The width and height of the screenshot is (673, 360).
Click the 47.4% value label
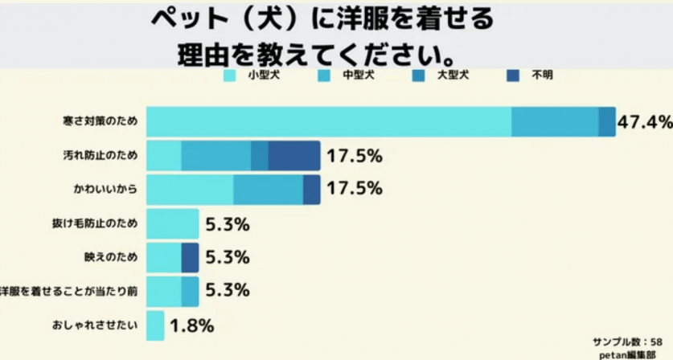(644, 122)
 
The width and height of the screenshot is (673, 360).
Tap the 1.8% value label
(191, 325)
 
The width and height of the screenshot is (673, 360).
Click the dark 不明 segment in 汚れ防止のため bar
(293, 156)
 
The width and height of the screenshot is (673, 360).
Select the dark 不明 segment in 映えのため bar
(190, 258)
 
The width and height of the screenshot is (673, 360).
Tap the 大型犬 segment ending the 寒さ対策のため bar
(607, 122)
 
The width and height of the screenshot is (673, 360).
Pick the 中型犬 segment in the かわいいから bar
(268, 190)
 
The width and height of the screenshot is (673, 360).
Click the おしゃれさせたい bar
(156, 325)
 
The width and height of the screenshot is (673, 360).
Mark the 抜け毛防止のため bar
(172, 224)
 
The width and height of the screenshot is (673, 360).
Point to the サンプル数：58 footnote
(627, 341)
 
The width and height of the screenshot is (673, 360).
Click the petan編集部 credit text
(631, 354)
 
